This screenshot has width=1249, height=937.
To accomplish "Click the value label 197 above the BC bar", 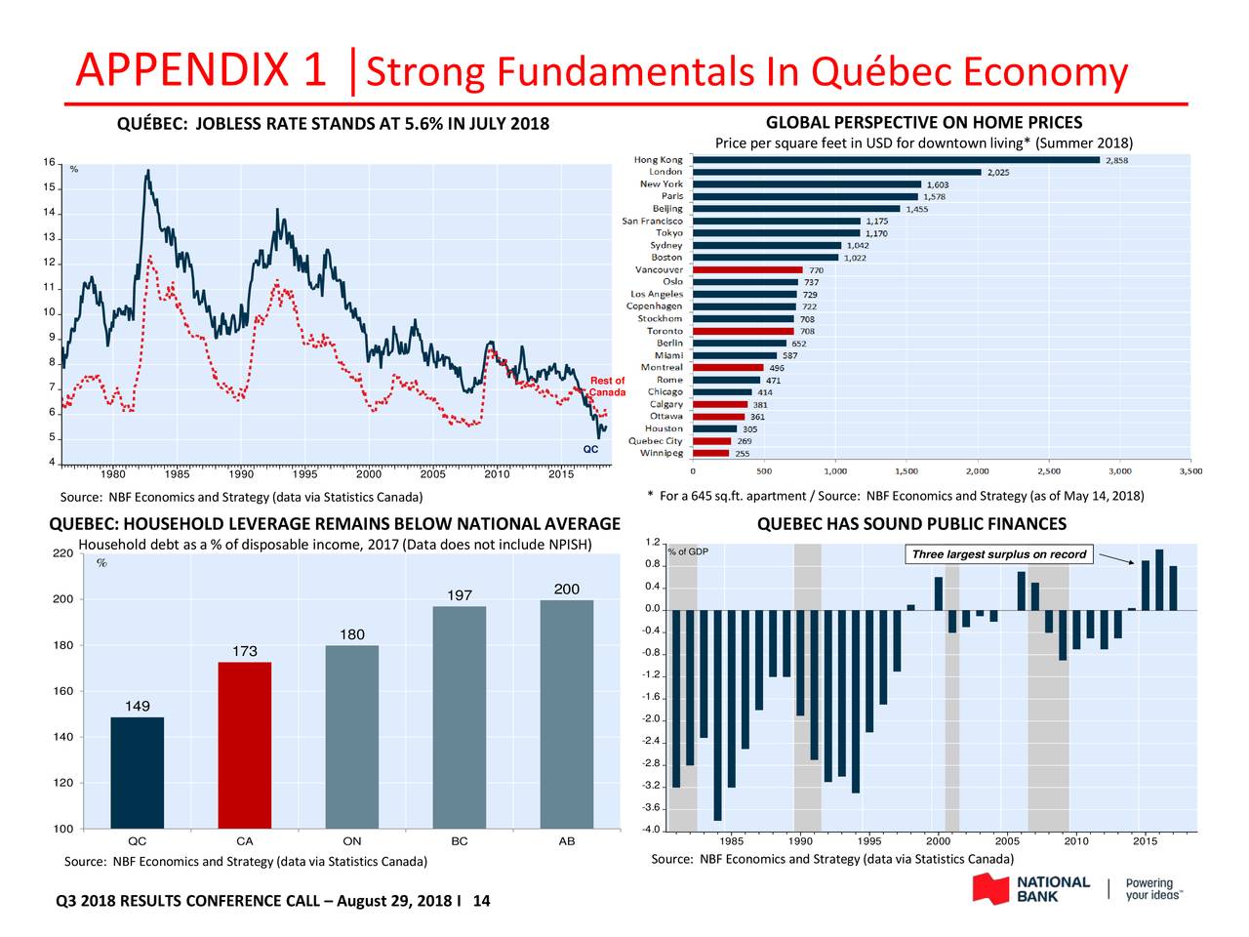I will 459,595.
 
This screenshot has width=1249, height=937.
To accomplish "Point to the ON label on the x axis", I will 352,841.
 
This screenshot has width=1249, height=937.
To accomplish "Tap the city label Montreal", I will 662,368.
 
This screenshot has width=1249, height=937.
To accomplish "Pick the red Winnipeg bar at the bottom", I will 710,453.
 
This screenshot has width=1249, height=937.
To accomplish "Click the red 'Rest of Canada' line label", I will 607,387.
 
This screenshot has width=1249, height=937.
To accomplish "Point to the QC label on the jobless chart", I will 590,450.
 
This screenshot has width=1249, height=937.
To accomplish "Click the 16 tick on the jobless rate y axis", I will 48,162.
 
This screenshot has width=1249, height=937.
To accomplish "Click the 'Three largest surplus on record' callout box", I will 998,554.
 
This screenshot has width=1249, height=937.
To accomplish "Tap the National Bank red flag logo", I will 989,888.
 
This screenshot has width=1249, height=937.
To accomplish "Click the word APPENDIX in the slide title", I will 184,71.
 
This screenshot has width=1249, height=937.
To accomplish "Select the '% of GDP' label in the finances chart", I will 688,552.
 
